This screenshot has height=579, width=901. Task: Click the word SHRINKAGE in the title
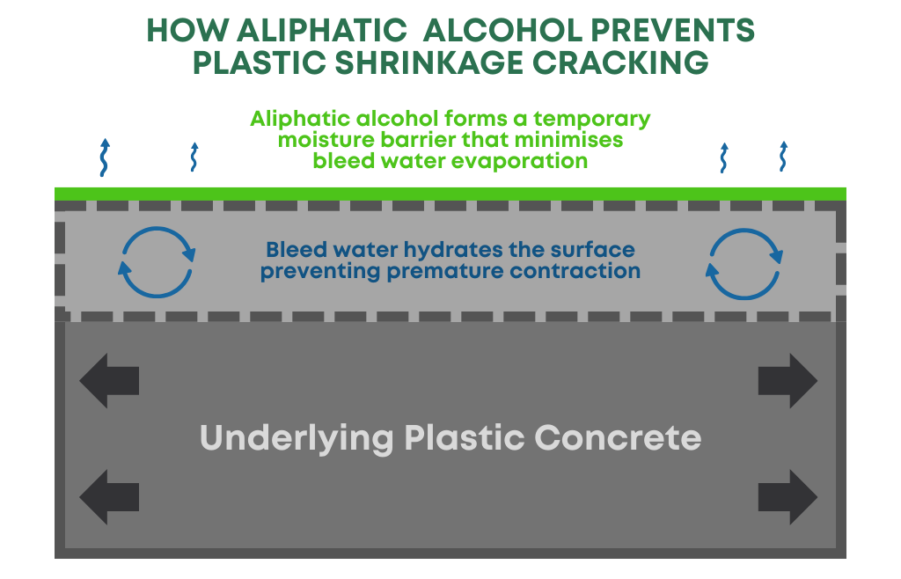(440, 63)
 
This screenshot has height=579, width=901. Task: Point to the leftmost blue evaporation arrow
(105, 158)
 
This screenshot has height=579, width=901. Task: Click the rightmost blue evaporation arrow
(782, 157)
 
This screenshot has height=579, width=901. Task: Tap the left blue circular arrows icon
(157, 261)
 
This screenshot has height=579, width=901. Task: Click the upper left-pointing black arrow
(109, 381)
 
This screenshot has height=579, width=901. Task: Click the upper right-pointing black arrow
(787, 381)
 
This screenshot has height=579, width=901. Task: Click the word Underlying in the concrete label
(297, 437)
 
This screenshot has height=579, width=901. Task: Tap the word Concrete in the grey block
(619, 437)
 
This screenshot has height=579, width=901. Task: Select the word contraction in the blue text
(575, 271)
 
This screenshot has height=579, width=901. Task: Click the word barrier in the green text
(418, 140)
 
